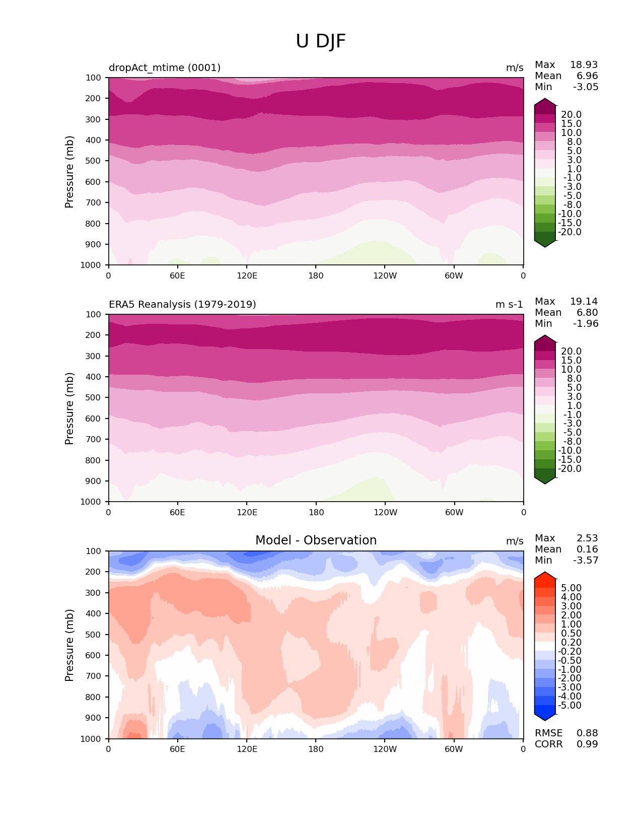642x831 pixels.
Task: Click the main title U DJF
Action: tap(321, 41)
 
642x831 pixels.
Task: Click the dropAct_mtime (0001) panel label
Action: tap(165, 67)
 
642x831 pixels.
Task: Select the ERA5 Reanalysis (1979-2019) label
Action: tap(182, 304)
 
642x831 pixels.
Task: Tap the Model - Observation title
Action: tap(316, 540)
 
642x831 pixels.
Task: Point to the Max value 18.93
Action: tap(584, 65)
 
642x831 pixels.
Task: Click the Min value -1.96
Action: tap(586, 324)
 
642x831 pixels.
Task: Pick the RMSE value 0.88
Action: tap(587, 733)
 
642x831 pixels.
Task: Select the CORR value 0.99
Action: tap(587, 744)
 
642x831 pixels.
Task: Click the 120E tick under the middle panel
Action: tap(247, 512)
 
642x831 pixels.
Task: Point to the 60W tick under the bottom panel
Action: tap(454, 749)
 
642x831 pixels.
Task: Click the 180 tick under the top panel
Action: tap(316, 275)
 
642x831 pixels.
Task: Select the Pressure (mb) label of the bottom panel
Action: tap(69, 645)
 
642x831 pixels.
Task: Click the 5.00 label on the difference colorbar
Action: tap(572, 588)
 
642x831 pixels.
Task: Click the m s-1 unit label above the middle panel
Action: tap(509, 304)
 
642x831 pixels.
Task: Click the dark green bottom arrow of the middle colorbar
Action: tap(545, 479)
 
